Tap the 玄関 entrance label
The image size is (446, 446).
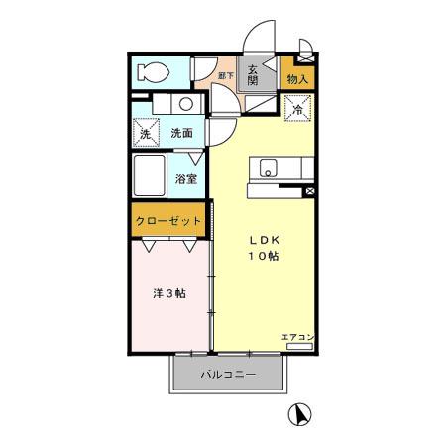pos(253,74)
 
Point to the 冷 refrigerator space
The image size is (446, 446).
pos(297,110)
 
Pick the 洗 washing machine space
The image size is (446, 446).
pos(146,133)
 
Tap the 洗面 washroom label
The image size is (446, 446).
pos(181,133)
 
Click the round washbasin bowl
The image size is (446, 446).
pos(185,104)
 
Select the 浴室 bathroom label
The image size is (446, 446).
pos(185,179)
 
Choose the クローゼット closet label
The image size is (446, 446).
pos(169,220)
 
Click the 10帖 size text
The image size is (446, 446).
pos(263,257)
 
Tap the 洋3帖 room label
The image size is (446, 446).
pos(167,294)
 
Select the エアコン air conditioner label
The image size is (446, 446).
pos(296,338)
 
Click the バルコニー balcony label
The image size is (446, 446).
pos(229,375)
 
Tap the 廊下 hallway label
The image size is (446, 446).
pos(225,75)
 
